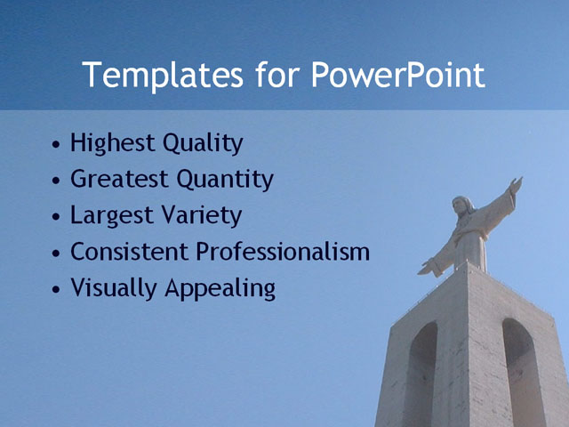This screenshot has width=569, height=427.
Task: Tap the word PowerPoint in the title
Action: click(398, 76)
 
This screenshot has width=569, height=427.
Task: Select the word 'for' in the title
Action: click(280, 76)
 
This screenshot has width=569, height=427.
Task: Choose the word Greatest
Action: click(119, 179)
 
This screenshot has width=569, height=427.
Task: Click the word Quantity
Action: click(225, 180)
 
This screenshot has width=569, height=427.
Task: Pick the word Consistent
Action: click(130, 252)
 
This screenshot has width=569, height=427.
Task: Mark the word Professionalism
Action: click(283, 252)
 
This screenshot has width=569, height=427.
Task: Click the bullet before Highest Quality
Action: click(57, 144)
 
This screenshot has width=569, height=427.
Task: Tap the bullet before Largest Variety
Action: click(57, 217)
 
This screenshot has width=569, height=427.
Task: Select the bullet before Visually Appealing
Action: click(57, 290)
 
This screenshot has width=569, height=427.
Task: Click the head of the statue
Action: click(461, 205)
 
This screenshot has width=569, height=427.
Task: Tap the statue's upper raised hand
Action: click(515, 185)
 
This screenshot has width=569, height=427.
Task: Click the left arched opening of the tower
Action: click(421, 374)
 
